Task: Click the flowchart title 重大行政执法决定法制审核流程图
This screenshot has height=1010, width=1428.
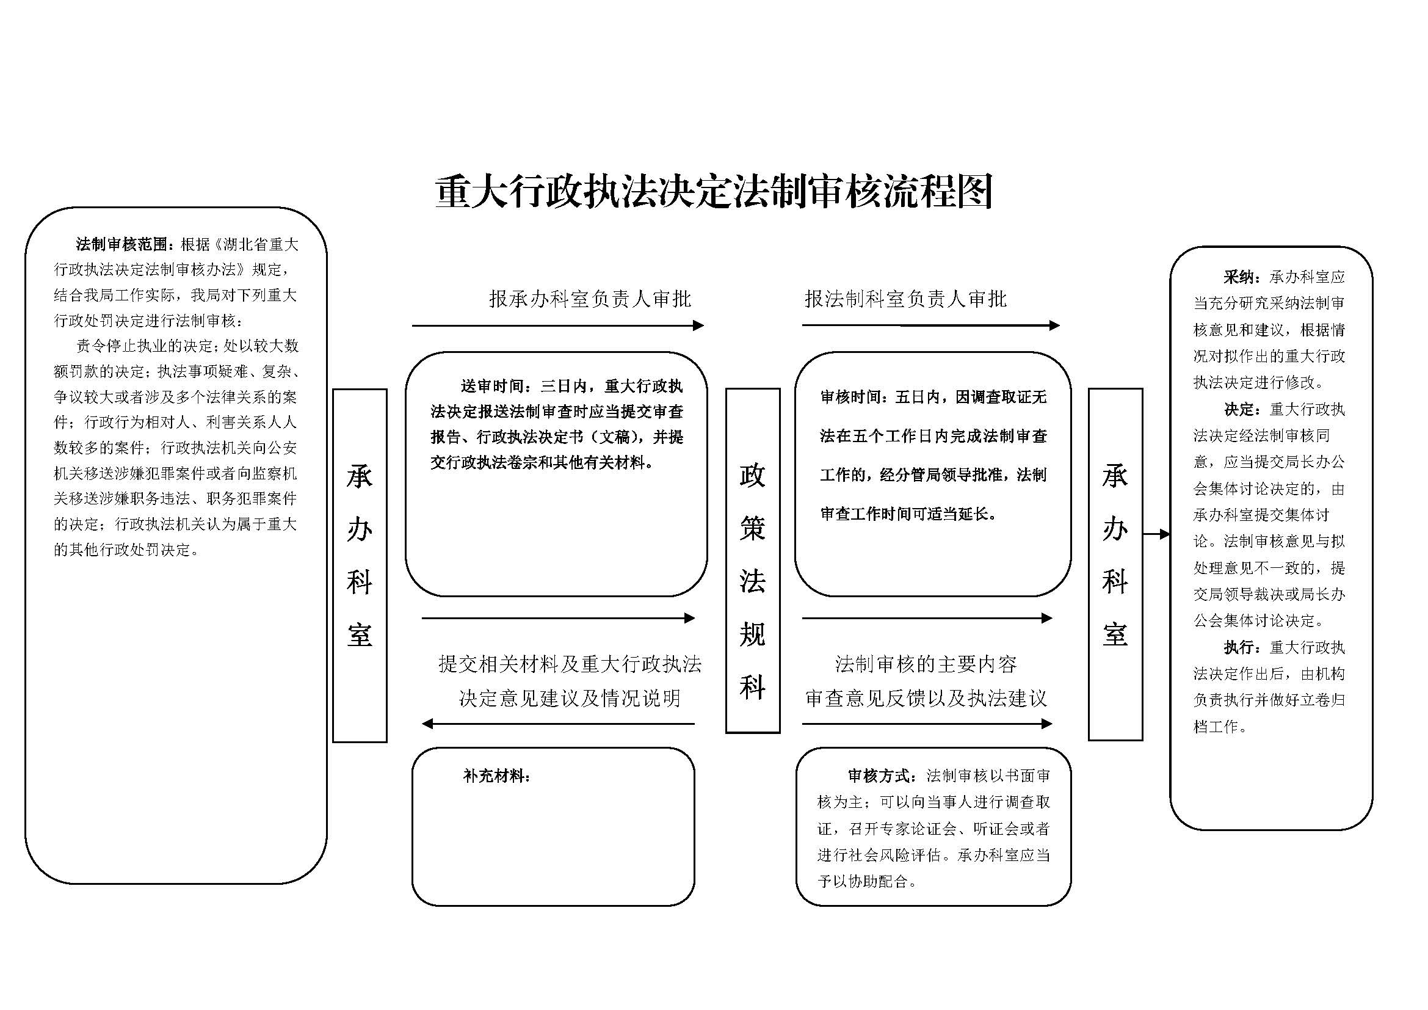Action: (713, 191)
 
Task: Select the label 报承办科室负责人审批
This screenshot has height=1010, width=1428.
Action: (590, 299)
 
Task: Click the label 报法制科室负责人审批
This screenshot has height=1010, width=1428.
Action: (905, 299)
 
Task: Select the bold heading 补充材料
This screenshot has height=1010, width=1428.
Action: (496, 776)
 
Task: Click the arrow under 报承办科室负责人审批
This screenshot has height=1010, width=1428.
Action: (558, 325)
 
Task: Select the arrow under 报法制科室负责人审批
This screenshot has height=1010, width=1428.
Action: (930, 325)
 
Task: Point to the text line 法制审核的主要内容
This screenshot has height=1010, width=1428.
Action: (926, 664)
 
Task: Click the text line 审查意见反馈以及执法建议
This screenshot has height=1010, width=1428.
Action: (926, 698)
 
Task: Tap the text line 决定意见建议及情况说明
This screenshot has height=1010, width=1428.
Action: (570, 698)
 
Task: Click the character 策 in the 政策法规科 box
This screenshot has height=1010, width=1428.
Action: (753, 528)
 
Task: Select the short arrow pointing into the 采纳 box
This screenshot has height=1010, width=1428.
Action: (1157, 534)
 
